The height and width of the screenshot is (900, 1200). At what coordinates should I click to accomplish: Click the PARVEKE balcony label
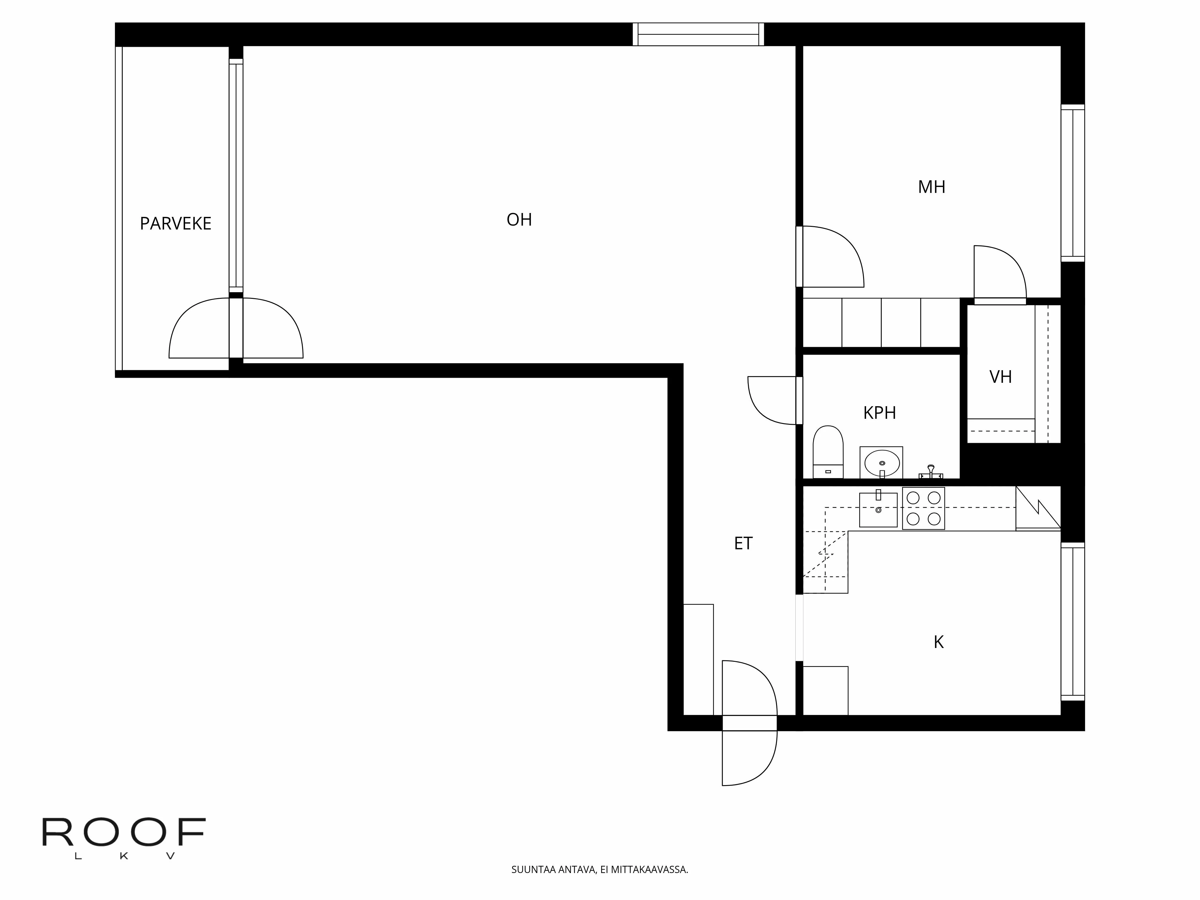(x=175, y=223)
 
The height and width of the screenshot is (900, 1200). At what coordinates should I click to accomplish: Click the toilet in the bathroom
(x=828, y=451)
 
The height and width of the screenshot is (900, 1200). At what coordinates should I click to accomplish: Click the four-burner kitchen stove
(x=923, y=508)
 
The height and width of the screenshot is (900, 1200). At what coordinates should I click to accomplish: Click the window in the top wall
(x=698, y=34)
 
